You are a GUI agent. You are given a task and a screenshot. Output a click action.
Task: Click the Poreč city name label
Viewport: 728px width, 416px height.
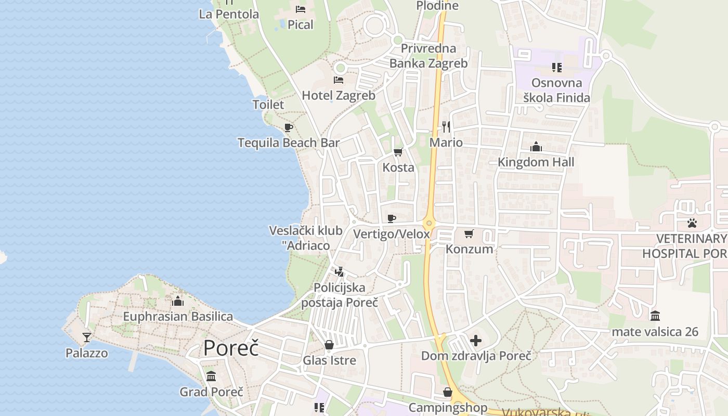pyautogui.click(x=231, y=348)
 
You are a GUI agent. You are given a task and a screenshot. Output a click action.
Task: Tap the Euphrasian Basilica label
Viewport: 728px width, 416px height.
pyautogui.click(x=178, y=316)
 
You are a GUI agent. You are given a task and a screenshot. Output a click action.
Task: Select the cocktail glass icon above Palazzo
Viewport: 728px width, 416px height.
pyautogui.click(x=87, y=337)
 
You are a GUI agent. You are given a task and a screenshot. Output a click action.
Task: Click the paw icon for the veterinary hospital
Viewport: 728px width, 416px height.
pyautogui.click(x=692, y=223)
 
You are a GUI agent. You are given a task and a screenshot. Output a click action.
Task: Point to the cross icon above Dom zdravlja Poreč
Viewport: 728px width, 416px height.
pyautogui.click(x=476, y=341)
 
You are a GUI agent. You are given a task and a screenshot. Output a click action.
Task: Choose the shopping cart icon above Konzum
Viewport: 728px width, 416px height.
pyautogui.click(x=469, y=233)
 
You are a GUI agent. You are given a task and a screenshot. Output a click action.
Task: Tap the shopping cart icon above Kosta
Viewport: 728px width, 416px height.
pyautogui.click(x=398, y=152)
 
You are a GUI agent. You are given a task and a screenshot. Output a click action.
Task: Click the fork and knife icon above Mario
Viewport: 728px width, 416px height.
pyautogui.click(x=446, y=126)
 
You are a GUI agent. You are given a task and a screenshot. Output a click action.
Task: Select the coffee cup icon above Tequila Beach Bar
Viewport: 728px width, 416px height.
pyautogui.click(x=289, y=127)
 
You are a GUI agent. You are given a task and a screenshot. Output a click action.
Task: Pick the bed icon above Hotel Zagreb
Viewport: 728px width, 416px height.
pyautogui.click(x=339, y=80)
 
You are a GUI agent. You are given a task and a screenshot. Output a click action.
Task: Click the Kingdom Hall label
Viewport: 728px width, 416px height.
pyautogui.click(x=536, y=162)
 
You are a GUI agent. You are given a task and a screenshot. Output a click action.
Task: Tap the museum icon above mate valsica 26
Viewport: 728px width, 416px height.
pyautogui.click(x=655, y=316)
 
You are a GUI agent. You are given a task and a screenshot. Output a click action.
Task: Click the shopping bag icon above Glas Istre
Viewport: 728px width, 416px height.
pyautogui.click(x=329, y=345)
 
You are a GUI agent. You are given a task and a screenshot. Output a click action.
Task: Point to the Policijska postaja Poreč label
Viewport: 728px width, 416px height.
pyautogui.click(x=340, y=295)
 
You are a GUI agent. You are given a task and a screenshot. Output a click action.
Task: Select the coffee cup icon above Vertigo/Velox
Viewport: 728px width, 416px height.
pyautogui.click(x=392, y=218)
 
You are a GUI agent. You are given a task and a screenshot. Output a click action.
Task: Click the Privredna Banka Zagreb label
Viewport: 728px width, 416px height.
pyautogui.click(x=428, y=56)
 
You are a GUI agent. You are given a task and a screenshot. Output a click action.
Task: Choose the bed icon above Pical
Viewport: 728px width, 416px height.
pyautogui.click(x=301, y=9)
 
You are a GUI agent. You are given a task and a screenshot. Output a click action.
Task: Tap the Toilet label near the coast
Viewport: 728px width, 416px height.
pyautogui.click(x=268, y=105)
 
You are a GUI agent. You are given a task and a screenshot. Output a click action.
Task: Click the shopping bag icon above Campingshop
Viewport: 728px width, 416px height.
pyautogui.click(x=448, y=392)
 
